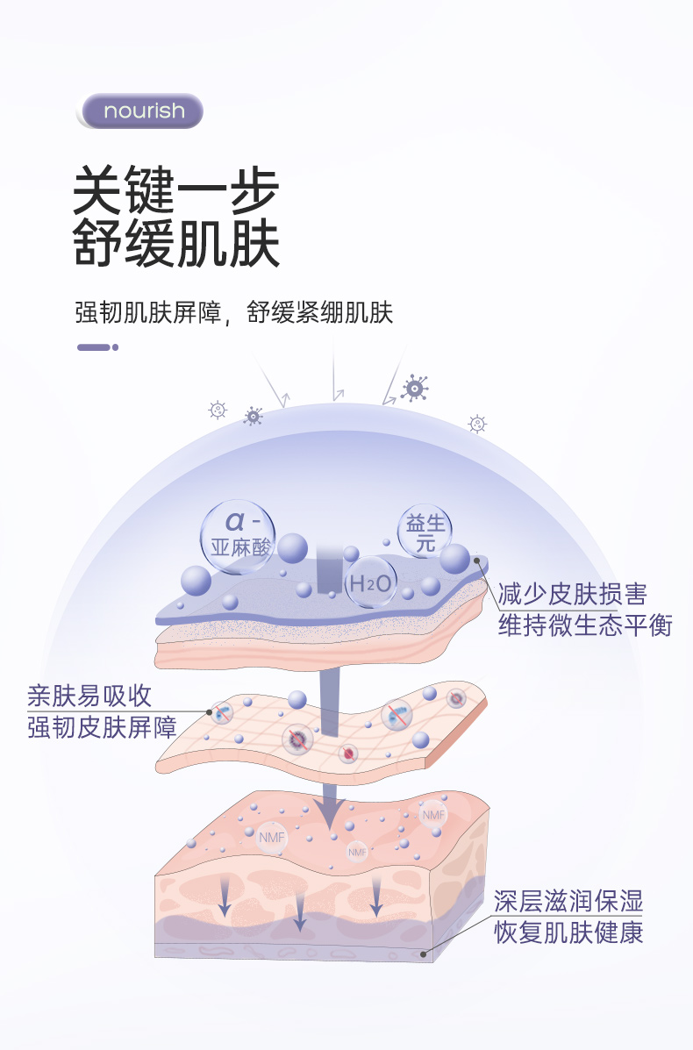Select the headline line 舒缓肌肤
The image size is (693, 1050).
[x=175, y=243]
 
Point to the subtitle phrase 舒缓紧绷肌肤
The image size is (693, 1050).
[x=320, y=313]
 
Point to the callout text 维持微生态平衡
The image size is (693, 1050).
[x=585, y=625]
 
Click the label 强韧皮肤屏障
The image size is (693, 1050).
[x=102, y=727]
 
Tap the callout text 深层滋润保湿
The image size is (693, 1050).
[x=568, y=901]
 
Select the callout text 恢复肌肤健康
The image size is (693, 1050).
[x=568, y=932]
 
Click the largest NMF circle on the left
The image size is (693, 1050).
[x=271, y=838]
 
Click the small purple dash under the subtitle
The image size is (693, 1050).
[x=96, y=347]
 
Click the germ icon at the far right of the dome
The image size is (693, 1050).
[x=477, y=424]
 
